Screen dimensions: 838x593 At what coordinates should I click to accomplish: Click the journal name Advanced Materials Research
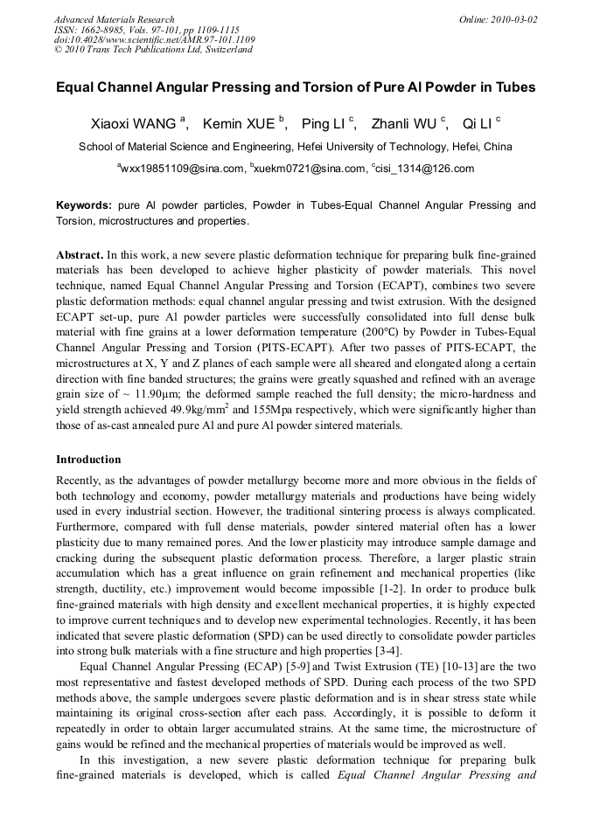click(x=114, y=19)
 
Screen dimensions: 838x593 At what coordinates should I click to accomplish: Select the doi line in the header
click(x=155, y=39)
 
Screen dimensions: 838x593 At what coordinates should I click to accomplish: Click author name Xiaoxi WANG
click(x=134, y=123)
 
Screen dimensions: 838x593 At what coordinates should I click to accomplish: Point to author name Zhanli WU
click(x=404, y=123)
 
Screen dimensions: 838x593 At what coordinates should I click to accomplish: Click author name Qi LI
click(x=478, y=123)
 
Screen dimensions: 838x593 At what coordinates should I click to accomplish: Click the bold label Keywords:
click(x=84, y=205)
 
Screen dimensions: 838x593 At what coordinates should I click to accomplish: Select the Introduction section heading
click(x=88, y=460)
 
